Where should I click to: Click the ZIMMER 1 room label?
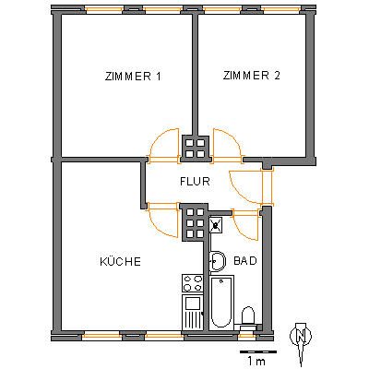pyautogui.click(x=133, y=77)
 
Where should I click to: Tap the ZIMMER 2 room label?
pyautogui.click(x=252, y=76)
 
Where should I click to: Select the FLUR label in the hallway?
pyautogui.click(x=195, y=182)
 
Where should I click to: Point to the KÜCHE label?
pyautogui.click(x=121, y=261)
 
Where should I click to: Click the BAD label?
pyautogui.click(x=245, y=261)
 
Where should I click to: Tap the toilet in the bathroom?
pyautogui.click(x=247, y=318)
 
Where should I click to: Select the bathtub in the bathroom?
pyautogui.click(x=221, y=303)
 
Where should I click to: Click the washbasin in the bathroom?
pyautogui.click(x=217, y=261)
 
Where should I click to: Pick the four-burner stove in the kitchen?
pyautogui.click(x=193, y=283)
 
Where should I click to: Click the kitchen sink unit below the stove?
pyautogui.click(x=193, y=312)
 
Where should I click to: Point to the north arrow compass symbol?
pyautogui.click(x=301, y=341)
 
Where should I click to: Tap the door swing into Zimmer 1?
pyautogui.click(x=163, y=145)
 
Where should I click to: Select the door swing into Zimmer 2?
pyautogui.click(x=227, y=145)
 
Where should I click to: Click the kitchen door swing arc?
pyautogui.click(x=162, y=220)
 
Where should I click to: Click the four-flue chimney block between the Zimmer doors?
pyautogui.click(x=196, y=149)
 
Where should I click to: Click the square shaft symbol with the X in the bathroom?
pyautogui.click(x=217, y=225)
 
